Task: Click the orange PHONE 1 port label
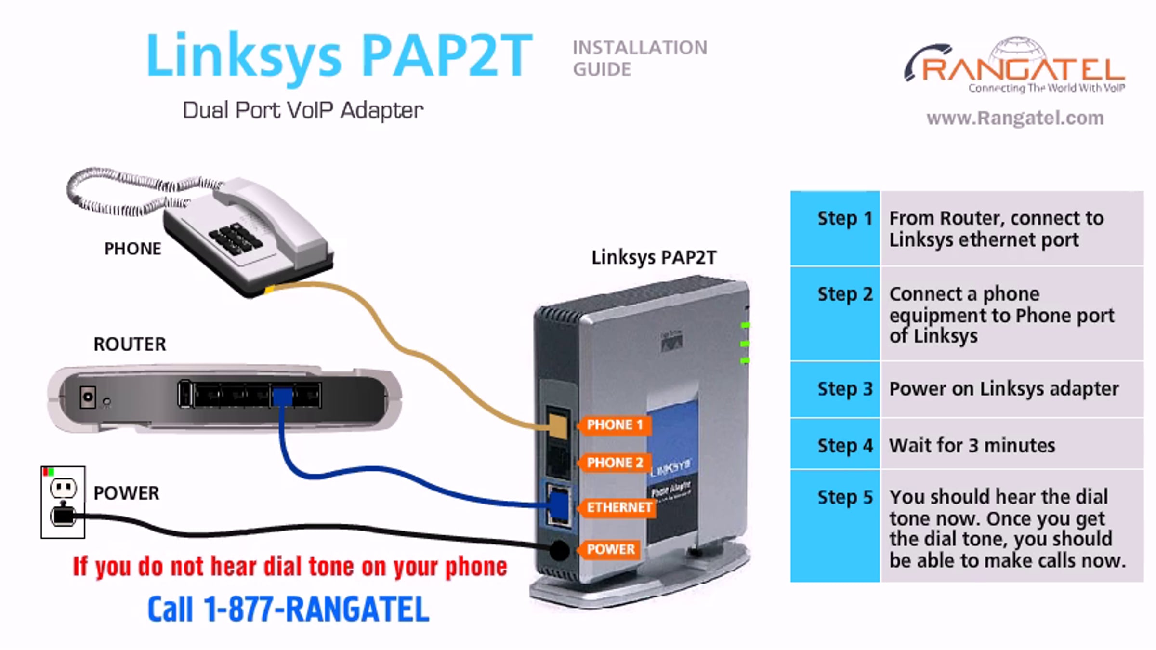(x=614, y=425)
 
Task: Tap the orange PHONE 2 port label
(x=614, y=463)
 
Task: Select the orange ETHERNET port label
(x=618, y=507)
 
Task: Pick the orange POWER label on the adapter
(x=610, y=549)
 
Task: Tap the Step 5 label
(x=845, y=497)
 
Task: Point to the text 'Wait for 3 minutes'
(x=972, y=446)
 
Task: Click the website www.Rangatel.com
(x=1015, y=118)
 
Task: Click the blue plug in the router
(x=283, y=397)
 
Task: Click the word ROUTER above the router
(x=130, y=344)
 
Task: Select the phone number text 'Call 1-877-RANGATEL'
(x=288, y=609)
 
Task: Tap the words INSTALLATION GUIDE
(x=640, y=58)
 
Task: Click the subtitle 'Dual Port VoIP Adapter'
(x=303, y=110)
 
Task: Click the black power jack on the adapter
(x=559, y=550)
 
